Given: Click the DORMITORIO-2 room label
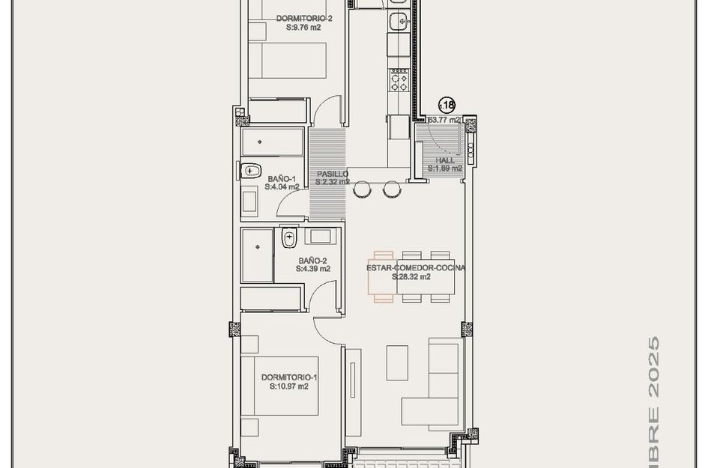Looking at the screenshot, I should pyautogui.click(x=303, y=18).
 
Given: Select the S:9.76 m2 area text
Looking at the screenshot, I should pyautogui.click(x=303, y=27).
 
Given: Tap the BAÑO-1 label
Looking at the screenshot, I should pyautogui.click(x=282, y=178).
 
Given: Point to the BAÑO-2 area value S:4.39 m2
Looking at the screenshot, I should pyautogui.click(x=313, y=268).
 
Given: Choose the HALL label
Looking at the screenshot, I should pyautogui.click(x=445, y=160).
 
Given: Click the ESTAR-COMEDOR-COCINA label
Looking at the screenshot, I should pyautogui.click(x=416, y=267).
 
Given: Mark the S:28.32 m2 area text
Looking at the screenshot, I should pyautogui.click(x=411, y=276).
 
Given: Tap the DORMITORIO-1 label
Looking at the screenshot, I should pyautogui.click(x=289, y=377).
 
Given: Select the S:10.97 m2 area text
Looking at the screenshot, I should pyautogui.click(x=289, y=387).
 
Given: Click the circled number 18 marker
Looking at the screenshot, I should pyautogui.click(x=447, y=105).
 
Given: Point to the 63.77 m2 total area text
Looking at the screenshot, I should pyautogui.click(x=444, y=120).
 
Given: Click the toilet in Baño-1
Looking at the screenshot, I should pyautogui.click(x=250, y=170).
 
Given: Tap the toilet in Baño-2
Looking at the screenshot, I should pyautogui.click(x=288, y=239).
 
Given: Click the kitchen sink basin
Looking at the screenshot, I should pyautogui.click(x=399, y=20).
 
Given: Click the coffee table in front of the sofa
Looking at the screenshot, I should pyautogui.click(x=397, y=362).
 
